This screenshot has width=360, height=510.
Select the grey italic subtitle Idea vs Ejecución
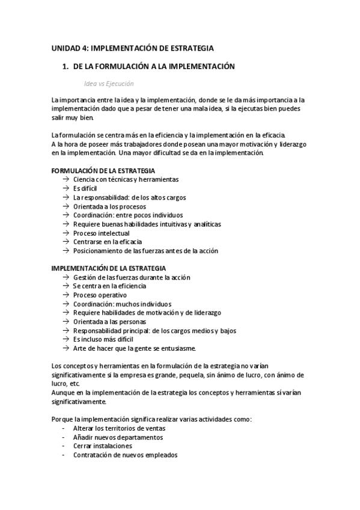tap(109, 84)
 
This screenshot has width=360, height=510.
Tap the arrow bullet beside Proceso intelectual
tap(65, 233)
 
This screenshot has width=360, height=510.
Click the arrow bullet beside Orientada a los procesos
tap(65, 206)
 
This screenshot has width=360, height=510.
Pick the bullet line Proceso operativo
tap(100, 295)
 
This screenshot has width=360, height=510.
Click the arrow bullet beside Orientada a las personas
tap(65, 322)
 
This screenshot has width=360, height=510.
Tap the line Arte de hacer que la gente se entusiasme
tap(134, 349)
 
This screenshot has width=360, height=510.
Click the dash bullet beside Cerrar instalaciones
tap(64, 446)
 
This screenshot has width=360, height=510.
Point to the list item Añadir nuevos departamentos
tap(118, 437)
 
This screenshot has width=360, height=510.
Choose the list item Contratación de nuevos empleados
tap(125, 455)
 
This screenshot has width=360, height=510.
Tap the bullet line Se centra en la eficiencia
tap(109, 286)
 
